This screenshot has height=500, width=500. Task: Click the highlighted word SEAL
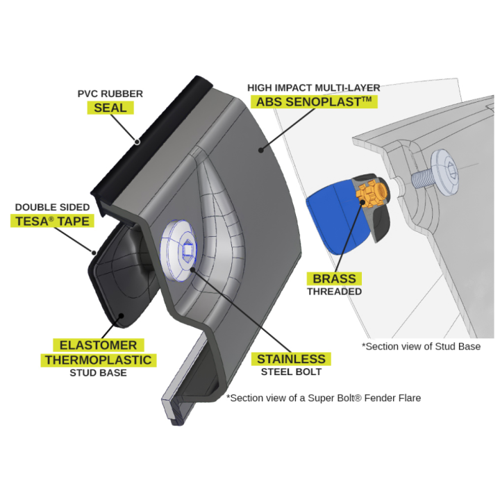[x=110, y=108]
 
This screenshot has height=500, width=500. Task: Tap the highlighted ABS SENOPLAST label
[x=314, y=101]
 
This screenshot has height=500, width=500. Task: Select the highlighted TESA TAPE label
[x=52, y=221]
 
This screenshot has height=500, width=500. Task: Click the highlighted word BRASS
[x=334, y=278]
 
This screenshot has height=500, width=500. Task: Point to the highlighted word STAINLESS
[x=291, y=359]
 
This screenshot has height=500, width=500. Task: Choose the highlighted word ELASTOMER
[x=98, y=345]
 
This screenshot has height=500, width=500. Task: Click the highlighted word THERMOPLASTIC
[x=98, y=360]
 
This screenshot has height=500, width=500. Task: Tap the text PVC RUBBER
[x=110, y=94]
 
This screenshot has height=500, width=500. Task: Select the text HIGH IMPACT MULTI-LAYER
[x=314, y=87]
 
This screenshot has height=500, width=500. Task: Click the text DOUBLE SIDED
[x=52, y=207]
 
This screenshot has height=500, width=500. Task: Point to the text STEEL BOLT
[x=291, y=372]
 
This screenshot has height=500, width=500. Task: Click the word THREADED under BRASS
[x=334, y=292]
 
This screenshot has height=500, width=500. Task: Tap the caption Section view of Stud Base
[x=421, y=347]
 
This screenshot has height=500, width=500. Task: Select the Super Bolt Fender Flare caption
[x=324, y=398]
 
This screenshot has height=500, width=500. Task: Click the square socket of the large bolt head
[x=187, y=250]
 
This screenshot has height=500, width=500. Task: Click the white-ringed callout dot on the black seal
[x=137, y=142]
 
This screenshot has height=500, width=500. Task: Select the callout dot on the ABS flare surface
[x=261, y=150]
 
